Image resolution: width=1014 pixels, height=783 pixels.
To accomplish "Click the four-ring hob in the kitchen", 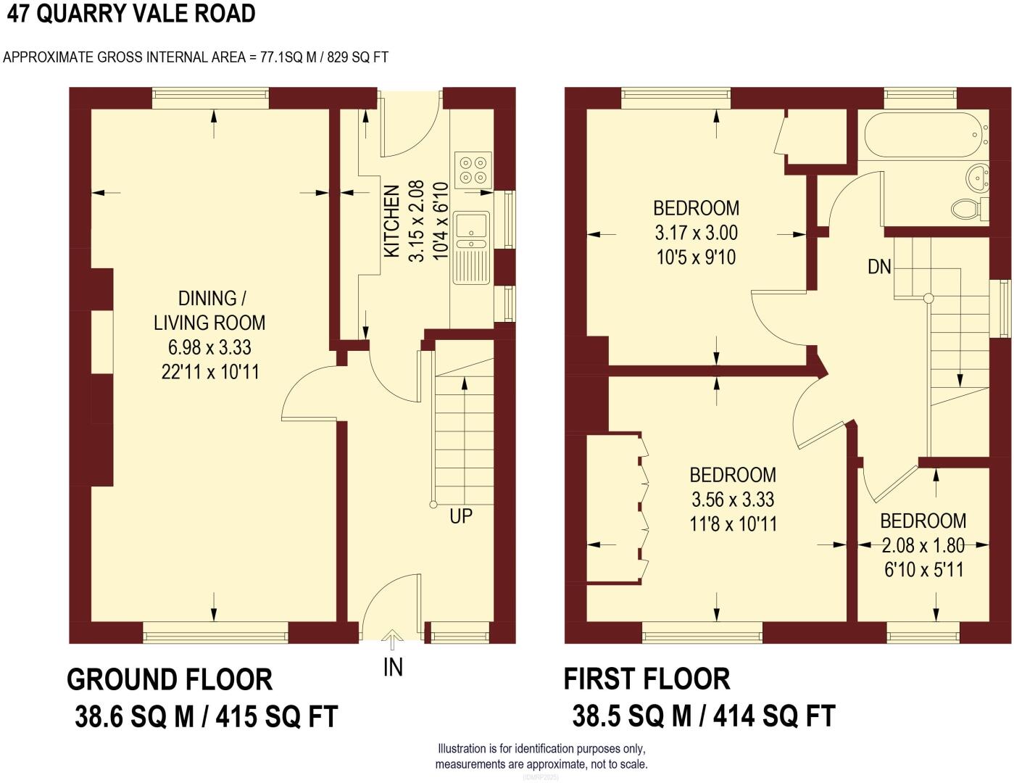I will (x=473, y=170).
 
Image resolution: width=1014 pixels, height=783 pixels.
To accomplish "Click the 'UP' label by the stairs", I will (x=461, y=516).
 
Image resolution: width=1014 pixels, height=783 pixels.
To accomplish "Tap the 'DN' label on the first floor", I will (x=879, y=267).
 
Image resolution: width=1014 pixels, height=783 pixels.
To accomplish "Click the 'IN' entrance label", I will (x=393, y=667).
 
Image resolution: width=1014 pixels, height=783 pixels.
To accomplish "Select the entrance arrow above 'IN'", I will (x=393, y=641).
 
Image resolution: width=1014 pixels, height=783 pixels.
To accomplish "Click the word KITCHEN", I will (x=391, y=221).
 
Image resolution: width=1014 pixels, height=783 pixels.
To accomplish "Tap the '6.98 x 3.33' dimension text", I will (x=209, y=347).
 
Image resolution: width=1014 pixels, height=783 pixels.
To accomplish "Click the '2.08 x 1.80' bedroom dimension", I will (x=923, y=545).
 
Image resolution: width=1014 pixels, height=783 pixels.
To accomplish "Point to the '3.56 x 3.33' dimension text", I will (x=733, y=500).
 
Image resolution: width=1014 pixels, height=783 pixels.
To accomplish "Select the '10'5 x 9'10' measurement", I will (x=696, y=257).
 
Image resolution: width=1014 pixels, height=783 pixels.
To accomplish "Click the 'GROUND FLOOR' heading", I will (x=170, y=680).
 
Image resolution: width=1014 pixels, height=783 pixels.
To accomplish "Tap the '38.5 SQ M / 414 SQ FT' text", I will (x=703, y=716).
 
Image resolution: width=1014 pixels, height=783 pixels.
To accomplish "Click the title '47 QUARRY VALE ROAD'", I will (x=130, y=14).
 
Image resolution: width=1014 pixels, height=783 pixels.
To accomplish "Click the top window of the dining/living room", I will (x=210, y=98).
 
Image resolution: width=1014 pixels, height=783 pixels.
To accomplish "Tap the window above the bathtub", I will (x=921, y=98).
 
